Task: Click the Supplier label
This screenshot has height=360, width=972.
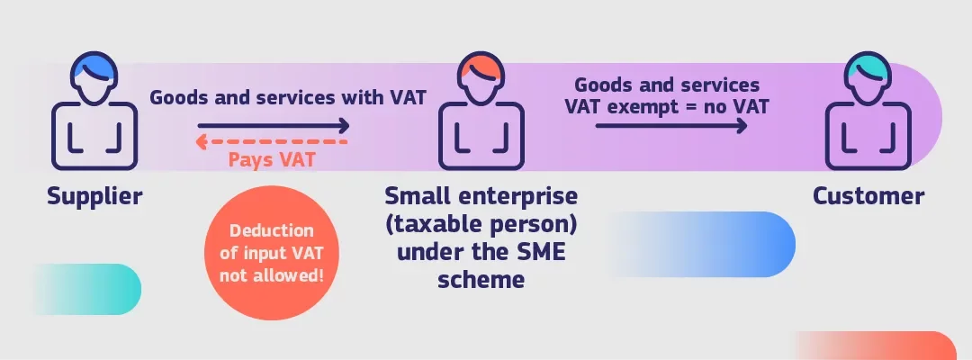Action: point(94,196)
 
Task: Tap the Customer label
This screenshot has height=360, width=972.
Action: point(868,196)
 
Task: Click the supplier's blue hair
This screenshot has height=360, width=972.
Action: point(90,65)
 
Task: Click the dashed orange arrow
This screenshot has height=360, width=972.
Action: point(272,142)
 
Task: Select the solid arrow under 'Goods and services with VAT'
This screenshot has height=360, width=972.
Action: point(274,126)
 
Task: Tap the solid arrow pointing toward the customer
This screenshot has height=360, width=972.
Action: point(671,126)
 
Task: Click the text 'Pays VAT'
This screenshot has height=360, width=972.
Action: point(272,159)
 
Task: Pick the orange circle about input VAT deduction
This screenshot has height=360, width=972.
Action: point(272,253)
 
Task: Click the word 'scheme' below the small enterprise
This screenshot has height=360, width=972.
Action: point(481,279)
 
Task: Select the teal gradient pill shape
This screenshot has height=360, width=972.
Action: point(86,290)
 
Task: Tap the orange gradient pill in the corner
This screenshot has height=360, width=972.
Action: point(876,346)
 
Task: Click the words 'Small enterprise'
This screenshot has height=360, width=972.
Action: point(481,196)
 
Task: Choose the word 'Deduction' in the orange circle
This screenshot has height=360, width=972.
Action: point(272,230)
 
